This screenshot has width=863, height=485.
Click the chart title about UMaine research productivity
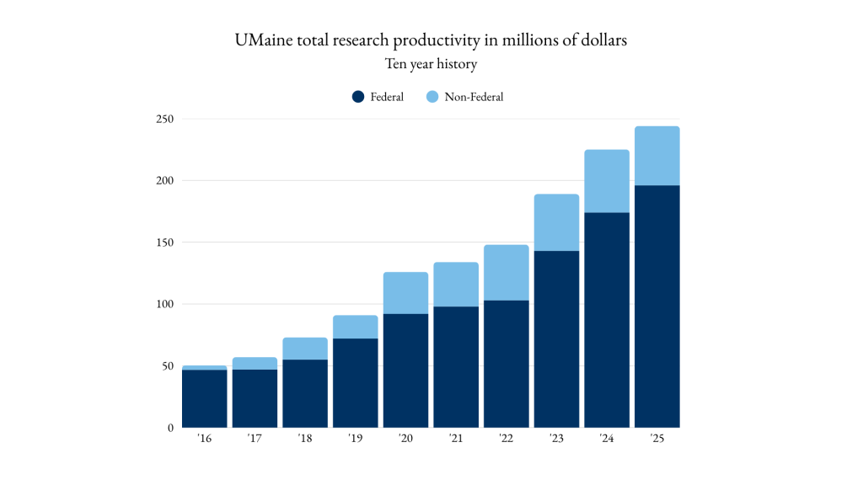[x=431, y=41]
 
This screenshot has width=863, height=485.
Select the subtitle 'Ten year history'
[x=431, y=64]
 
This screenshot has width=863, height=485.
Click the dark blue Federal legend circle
[x=358, y=97]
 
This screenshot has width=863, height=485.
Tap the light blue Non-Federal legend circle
[x=432, y=97]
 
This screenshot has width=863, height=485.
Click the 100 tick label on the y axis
[x=163, y=304]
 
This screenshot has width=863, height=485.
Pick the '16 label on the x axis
[x=205, y=440]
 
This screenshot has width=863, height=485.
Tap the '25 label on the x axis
[x=657, y=440]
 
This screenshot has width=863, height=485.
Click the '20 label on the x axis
[x=405, y=440]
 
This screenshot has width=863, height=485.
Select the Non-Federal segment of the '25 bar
[x=657, y=156]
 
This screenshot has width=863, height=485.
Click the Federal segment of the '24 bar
[x=607, y=320]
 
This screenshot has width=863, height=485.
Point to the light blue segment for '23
[x=556, y=222]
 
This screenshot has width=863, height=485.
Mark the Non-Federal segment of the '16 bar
[x=205, y=368]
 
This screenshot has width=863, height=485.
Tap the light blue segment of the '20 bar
[x=405, y=293]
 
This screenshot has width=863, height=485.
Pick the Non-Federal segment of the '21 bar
[x=456, y=285]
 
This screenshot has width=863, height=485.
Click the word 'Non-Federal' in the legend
[x=474, y=97]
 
